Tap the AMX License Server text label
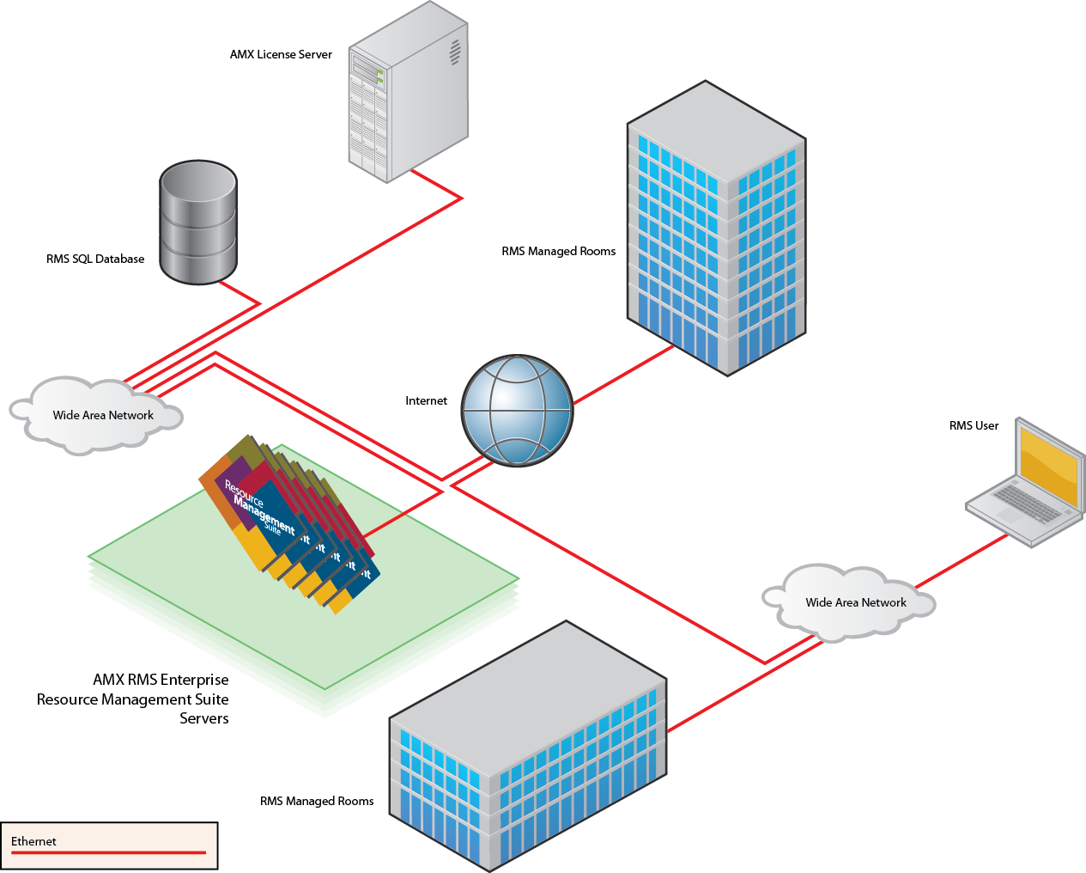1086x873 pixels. point(281,54)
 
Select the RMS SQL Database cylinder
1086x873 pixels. point(198,222)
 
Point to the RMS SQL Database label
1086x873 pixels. point(95,259)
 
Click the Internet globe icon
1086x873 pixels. point(517,411)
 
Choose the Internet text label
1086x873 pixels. point(426,400)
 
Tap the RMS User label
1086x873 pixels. point(974,425)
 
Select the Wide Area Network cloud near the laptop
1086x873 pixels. point(850,602)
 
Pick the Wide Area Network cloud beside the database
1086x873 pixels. point(99,415)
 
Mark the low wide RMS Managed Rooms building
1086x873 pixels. point(528,748)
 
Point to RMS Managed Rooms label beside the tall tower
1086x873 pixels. point(558,251)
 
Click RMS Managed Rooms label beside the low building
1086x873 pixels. point(317,801)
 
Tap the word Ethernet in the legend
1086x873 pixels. point(33,841)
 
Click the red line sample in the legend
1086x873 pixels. point(108,852)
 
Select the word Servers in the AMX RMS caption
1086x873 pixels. point(203,718)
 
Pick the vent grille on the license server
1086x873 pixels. point(455,52)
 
